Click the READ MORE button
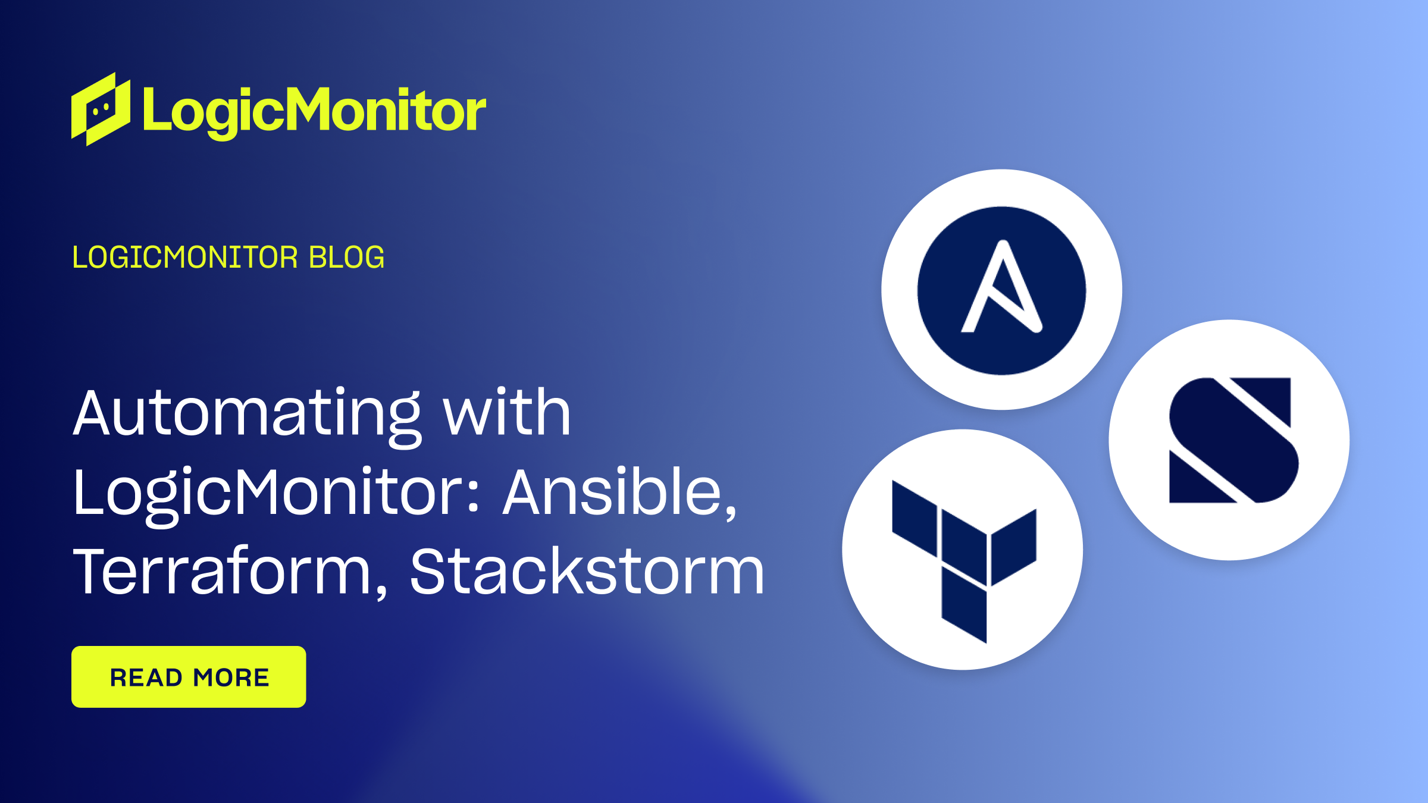click(189, 676)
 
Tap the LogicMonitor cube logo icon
click(101, 109)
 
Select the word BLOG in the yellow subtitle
click(347, 258)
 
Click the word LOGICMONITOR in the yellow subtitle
click(185, 258)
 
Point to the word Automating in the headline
click(248, 415)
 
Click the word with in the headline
click(507, 412)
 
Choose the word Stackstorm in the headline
click(587, 571)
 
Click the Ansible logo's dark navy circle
click(1002, 290)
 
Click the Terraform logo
click(964, 562)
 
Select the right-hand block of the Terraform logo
click(1014, 547)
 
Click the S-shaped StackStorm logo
click(1233, 440)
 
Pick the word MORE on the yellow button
click(231, 677)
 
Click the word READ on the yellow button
click(146, 677)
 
